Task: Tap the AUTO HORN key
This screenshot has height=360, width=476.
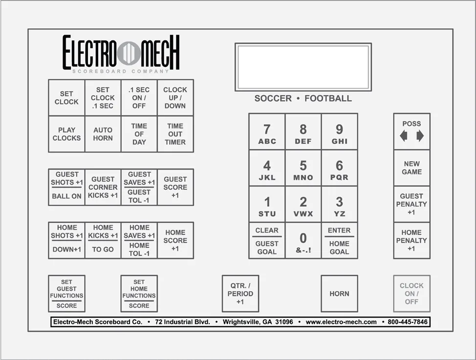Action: [103, 134]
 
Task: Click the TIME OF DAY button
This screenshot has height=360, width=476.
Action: [139, 134]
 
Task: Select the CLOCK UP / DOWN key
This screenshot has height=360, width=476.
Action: [175, 98]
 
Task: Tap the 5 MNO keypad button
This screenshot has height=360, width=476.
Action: [303, 168]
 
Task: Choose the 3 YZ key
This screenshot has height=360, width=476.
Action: [339, 204]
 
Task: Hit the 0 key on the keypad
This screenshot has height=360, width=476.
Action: [303, 241]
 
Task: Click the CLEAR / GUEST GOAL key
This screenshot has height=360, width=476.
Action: [267, 241]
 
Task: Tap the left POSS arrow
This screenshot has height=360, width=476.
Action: [404, 136]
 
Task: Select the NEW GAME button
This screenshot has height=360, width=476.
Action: [411, 168]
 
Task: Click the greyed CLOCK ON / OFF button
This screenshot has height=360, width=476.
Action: [411, 294]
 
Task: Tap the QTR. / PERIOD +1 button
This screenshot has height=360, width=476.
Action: [240, 294]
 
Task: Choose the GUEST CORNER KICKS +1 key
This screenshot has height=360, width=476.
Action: [103, 187]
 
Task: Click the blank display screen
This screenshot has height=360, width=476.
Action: [303, 67]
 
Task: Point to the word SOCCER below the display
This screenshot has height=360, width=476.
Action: [273, 98]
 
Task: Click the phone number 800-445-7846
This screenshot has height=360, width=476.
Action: [408, 322]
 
